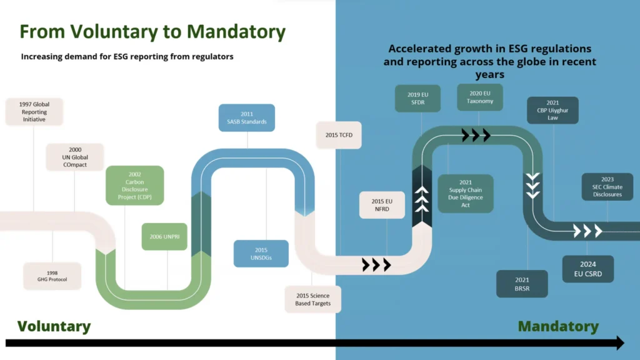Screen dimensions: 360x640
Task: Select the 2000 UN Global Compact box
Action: (x=74, y=157)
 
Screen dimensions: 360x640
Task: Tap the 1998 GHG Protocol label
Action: (x=52, y=276)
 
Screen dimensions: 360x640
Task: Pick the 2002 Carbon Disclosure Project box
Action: (x=134, y=186)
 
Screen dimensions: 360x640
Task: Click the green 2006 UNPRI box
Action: (x=164, y=237)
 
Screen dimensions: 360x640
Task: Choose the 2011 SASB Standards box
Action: (x=247, y=117)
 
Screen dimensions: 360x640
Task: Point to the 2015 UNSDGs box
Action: (x=261, y=253)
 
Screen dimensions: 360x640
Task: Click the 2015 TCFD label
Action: (x=339, y=135)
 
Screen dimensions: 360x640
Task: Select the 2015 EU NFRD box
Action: (x=382, y=205)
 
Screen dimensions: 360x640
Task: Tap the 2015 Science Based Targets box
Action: (x=312, y=299)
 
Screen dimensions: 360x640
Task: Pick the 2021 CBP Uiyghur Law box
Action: (x=552, y=111)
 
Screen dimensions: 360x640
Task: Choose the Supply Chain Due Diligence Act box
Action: (x=465, y=194)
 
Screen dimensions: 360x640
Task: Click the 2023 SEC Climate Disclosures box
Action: (x=607, y=186)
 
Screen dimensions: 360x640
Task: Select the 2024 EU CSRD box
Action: (x=587, y=269)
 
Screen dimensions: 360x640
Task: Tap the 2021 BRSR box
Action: (x=522, y=284)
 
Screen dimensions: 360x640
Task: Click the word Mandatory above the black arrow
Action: (x=558, y=326)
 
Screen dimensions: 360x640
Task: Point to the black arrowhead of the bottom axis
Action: (x=618, y=342)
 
